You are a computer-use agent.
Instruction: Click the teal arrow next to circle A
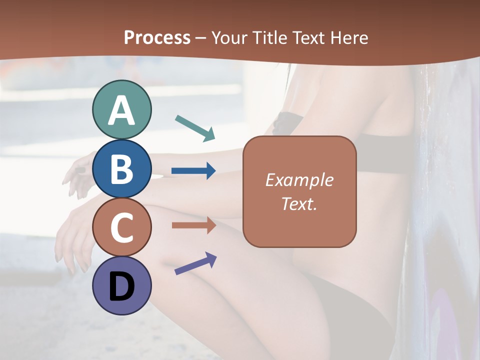[x=195, y=127]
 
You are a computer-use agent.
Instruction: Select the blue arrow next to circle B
[x=193, y=171]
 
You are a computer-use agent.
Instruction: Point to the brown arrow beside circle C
[x=193, y=225]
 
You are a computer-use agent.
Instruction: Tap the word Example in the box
[x=299, y=180]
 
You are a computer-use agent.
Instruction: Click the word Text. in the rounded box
[x=299, y=203]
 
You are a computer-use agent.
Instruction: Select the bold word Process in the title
[x=157, y=37]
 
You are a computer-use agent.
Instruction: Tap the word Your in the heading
[x=230, y=37]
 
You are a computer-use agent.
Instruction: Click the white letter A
[x=121, y=110]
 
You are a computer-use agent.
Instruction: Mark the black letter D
[x=121, y=286]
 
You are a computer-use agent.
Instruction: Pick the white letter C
[x=121, y=228]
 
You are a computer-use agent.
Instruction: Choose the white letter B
[x=121, y=169]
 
